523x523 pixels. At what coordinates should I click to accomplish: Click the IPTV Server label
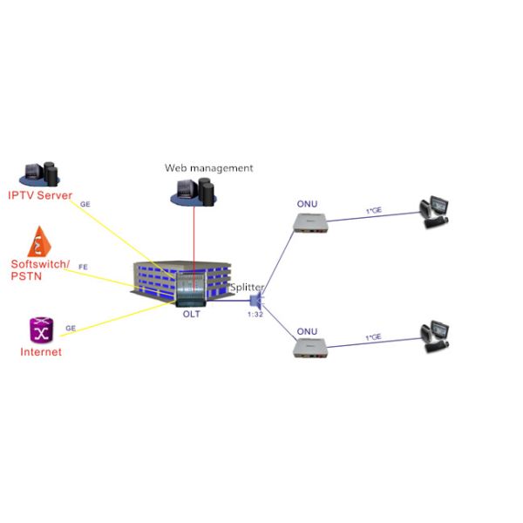click(x=40, y=195)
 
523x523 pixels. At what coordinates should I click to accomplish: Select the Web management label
click(x=209, y=167)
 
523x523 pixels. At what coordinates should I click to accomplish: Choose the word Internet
click(x=41, y=352)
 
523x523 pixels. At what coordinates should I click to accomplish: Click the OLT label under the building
click(x=191, y=314)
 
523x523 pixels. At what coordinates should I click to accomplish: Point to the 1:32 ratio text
click(x=255, y=314)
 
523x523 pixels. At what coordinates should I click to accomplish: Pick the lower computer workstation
click(x=433, y=336)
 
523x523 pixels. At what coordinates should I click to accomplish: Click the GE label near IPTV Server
click(x=85, y=204)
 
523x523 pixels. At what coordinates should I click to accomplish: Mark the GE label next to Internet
click(x=71, y=329)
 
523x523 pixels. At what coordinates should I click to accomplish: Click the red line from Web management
click(x=194, y=244)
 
